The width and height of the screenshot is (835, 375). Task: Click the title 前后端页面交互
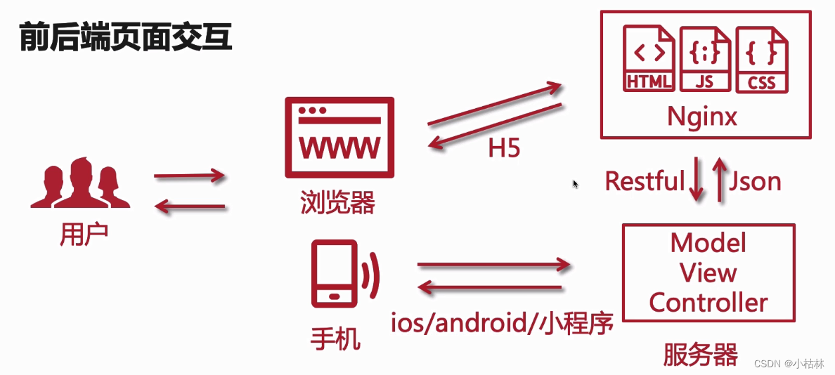pyautogui.click(x=125, y=36)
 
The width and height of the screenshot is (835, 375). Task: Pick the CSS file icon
pyautogui.click(x=762, y=59)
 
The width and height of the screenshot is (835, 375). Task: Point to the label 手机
pyautogui.click(x=336, y=339)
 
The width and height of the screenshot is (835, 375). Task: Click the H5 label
pyautogui.click(x=504, y=148)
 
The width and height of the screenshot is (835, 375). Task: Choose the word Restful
pyautogui.click(x=645, y=181)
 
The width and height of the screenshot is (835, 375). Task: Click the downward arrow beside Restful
pyautogui.click(x=696, y=180)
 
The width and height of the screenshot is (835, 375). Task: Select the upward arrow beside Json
pyautogui.click(x=719, y=180)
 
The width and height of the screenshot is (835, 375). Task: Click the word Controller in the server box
pyautogui.click(x=708, y=303)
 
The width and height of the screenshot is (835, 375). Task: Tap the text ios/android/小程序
pyautogui.click(x=503, y=324)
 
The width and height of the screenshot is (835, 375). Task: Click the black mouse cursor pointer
pyautogui.click(x=576, y=184)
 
